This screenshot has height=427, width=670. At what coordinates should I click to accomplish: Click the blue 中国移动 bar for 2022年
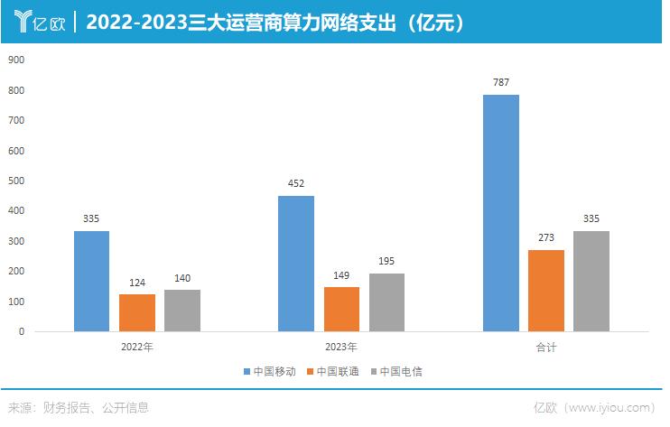(x=91, y=281)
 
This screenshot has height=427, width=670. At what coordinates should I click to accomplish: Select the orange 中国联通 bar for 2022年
(x=136, y=312)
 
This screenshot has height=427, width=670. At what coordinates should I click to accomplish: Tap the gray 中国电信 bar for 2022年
(x=181, y=310)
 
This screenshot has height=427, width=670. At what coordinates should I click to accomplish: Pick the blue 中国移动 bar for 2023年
(x=296, y=264)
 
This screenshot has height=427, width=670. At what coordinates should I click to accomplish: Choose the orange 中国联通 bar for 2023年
(x=341, y=309)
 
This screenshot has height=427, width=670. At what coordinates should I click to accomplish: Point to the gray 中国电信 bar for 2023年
(x=386, y=302)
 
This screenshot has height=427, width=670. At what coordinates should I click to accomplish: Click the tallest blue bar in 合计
(x=500, y=213)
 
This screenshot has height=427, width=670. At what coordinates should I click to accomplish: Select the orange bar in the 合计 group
(x=545, y=290)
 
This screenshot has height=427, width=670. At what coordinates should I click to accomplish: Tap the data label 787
(x=501, y=83)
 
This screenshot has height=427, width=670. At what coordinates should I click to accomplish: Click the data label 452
(x=296, y=184)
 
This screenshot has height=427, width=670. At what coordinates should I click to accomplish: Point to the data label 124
(x=136, y=283)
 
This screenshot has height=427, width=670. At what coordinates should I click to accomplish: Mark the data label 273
(x=545, y=238)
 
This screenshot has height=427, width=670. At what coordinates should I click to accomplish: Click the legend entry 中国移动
(x=271, y=371)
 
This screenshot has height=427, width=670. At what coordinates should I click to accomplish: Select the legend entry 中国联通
(x=334, y=371)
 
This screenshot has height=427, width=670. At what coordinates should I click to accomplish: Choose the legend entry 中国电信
(x=397, y=371)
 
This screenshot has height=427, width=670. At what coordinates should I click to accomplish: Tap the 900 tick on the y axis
(x=16, y=60)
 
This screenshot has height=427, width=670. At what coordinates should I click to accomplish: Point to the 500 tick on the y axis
(x=16, y=181)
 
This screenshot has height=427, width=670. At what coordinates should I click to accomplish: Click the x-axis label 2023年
(x=340, y=347)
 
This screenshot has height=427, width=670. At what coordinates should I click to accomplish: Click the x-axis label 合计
(x=545, y=347)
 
